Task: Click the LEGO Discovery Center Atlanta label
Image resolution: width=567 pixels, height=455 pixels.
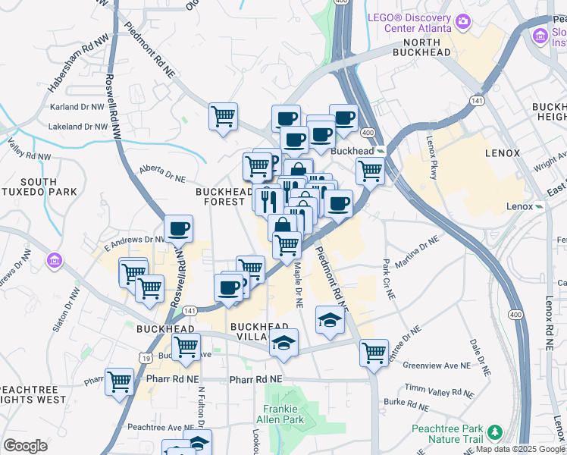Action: [409, 22]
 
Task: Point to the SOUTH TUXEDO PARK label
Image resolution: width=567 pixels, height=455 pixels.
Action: [29, 187]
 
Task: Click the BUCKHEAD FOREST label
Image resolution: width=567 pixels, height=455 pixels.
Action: [223, 197]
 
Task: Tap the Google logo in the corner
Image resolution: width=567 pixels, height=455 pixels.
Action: [25, 446]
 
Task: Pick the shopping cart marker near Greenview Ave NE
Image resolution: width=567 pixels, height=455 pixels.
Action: [374, 351]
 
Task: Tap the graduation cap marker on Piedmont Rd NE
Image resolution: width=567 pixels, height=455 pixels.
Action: [330, 321]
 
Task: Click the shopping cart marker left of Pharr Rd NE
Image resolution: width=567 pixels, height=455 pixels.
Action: [119, 381]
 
